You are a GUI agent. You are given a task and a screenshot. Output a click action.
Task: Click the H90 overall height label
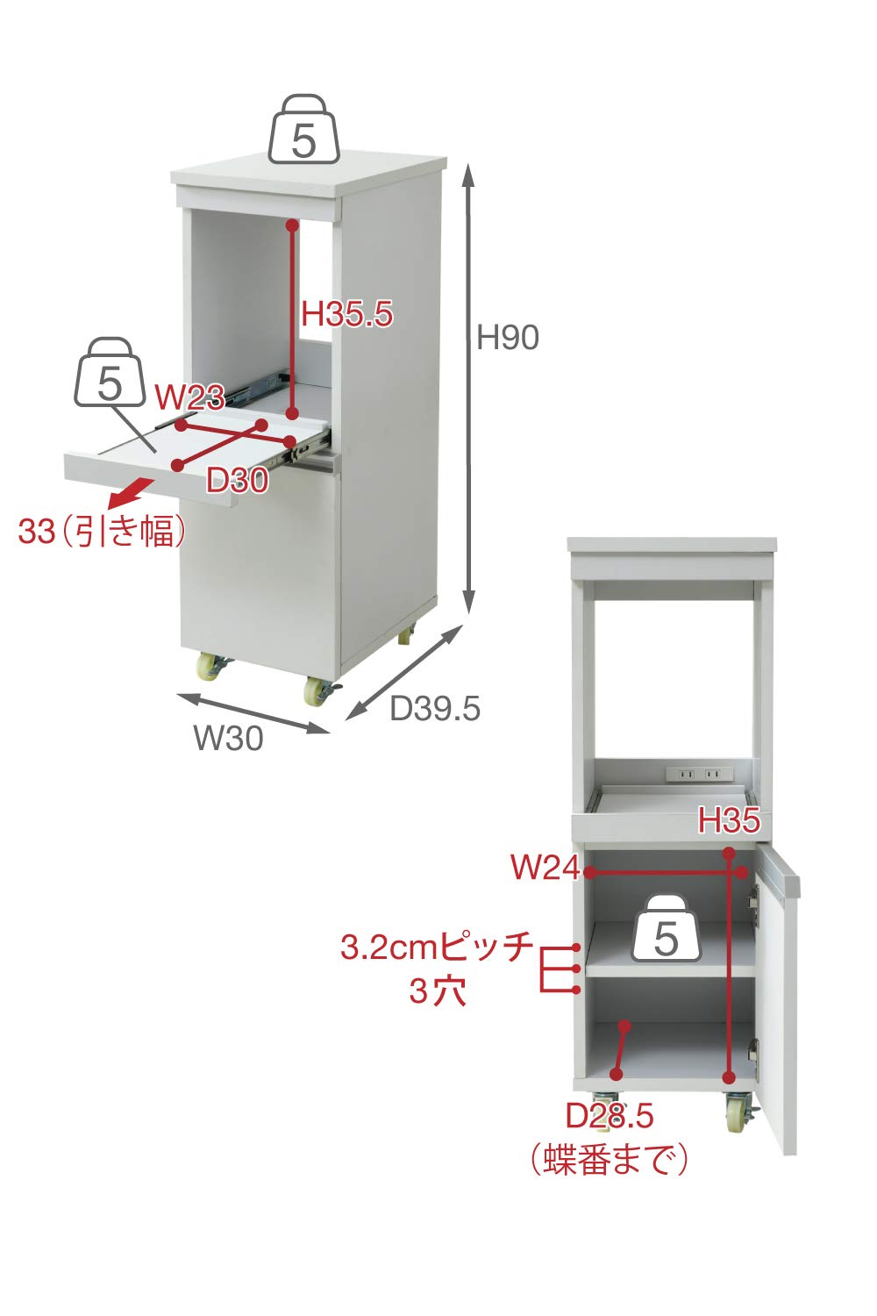pos(507,337)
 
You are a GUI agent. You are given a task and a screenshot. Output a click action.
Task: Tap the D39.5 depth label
pos(435,708)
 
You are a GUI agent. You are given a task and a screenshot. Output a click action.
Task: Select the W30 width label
pos(228,738)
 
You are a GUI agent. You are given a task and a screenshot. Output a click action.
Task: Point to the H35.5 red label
pos(347,313)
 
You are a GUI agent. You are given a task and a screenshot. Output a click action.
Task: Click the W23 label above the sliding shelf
pos(189,397)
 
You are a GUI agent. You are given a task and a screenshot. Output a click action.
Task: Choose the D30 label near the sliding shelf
pos(237,480)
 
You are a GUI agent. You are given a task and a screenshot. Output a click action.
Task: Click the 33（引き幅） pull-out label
pos(102,532)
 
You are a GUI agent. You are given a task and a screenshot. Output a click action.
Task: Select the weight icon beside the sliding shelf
pos(110,375)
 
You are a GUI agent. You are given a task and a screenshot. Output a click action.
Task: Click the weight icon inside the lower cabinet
pos(667,930)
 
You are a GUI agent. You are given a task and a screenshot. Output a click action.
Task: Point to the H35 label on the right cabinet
pos(729,822)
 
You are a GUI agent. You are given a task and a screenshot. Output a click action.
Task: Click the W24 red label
pos(545,868)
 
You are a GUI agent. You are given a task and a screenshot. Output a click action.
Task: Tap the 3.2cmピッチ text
pos(437,948)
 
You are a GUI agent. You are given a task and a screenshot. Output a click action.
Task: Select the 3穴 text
pos(437,992)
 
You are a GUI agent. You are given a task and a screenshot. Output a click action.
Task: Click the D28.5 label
pos(610,1116)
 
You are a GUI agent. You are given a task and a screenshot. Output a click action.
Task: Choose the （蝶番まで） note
pos(610,1159)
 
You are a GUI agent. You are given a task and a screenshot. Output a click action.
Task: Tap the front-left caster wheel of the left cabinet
pos(211,668)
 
